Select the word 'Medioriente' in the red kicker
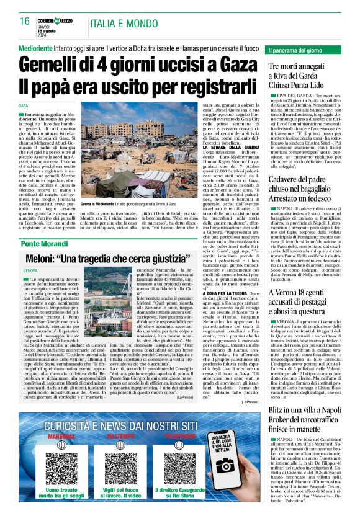tap(40, 47)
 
